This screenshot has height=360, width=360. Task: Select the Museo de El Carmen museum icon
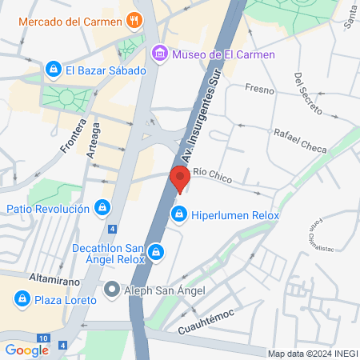[160, 54]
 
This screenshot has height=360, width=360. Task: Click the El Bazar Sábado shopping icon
[54, 70]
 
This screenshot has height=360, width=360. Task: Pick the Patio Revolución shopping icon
[102, 209]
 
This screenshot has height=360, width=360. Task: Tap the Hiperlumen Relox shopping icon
[180, 214]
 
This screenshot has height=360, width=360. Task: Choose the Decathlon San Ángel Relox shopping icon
[157, 254]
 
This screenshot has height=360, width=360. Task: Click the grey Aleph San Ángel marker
[112, 289]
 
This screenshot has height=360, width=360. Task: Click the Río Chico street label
[213, 178]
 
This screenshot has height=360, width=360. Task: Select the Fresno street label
[260, 90]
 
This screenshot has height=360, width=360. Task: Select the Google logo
[26, 350]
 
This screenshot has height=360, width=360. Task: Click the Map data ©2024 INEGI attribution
[312, 354]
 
